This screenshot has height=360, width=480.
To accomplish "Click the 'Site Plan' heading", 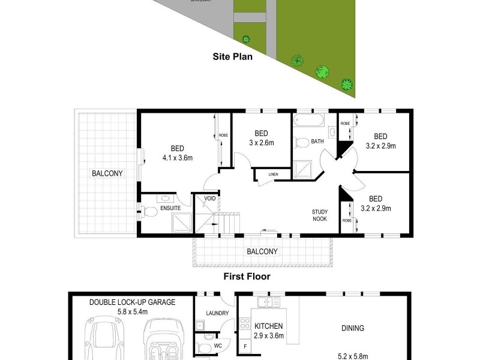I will click(233, 58).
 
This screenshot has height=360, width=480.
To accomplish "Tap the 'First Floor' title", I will click(247, 277).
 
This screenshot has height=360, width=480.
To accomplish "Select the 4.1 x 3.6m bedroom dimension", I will click(177, 158).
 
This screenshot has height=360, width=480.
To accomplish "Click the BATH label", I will click(317, 142).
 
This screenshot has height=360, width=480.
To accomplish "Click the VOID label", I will click(209, 199).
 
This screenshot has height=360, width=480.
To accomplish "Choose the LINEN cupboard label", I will click(273, 175).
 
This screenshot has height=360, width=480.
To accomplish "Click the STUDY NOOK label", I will click(319, 215).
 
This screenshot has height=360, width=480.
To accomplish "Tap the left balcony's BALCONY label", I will click(107, 173).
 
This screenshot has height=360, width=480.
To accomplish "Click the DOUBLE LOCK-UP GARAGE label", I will click(132, 302).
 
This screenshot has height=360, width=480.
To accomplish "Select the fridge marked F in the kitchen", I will click(245, 346).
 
